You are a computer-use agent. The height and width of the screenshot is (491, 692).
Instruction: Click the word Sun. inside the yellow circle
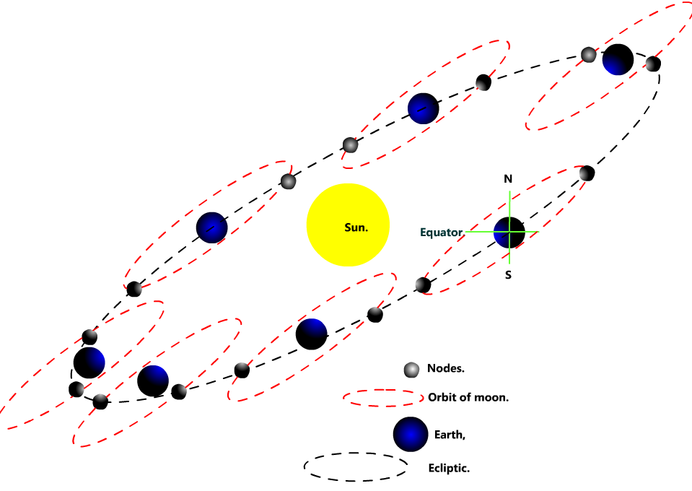356,227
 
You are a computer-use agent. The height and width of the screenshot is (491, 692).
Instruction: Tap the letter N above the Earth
508,178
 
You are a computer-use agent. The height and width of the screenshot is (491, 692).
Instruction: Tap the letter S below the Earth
508,275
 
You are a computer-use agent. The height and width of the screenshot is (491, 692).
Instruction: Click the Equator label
441,233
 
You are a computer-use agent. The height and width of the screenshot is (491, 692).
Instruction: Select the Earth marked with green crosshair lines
509,232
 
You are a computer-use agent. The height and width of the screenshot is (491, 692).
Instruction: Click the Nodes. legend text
445,368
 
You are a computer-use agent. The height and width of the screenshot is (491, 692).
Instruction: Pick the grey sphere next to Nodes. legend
411,370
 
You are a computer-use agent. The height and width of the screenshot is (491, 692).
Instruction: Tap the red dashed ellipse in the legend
383,397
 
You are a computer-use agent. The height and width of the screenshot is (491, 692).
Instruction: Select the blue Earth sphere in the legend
411,434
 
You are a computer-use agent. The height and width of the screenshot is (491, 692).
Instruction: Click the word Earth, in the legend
450,435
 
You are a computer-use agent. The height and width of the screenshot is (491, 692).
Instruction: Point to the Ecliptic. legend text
449,469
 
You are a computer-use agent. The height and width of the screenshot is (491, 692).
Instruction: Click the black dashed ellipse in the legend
356,467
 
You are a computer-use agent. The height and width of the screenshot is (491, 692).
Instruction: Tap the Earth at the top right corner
618,59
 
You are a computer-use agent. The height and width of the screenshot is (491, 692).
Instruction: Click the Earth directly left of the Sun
211,227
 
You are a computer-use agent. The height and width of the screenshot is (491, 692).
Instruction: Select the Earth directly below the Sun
312,334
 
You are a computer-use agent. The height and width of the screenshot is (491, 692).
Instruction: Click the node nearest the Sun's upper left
288,181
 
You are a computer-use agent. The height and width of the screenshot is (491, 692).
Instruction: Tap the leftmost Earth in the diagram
89,362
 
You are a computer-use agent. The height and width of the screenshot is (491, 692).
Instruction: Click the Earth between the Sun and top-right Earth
423,108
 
